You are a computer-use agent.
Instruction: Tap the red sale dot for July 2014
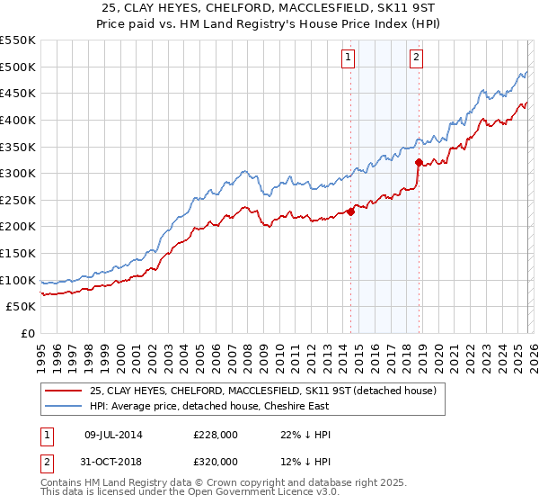350,212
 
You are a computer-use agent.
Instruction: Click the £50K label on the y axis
22,307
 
